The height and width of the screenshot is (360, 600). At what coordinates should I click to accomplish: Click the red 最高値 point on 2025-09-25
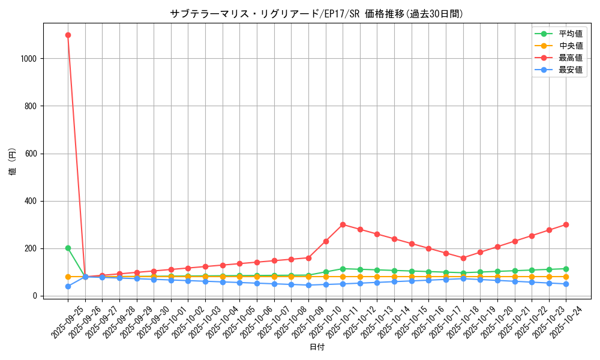coord(68,35)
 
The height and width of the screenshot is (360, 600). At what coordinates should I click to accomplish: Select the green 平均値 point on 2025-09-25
coord(68,248)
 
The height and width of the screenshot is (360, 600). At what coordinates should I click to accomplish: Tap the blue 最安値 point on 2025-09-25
coord(68,286)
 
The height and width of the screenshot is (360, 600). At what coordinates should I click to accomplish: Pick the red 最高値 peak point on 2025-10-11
coord(343,224)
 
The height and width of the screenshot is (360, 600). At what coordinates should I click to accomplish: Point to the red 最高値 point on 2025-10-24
coord(566,224)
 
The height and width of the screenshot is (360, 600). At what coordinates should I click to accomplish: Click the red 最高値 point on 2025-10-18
coord(463,258)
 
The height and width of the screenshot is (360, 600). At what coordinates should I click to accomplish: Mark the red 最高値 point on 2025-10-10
coord(326,241)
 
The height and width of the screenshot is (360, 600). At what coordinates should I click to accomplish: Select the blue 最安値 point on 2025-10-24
coord(566,284)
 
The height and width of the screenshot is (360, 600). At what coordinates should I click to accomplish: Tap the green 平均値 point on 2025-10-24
coord(566,269)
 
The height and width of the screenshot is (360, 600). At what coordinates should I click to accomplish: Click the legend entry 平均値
coord(570,34)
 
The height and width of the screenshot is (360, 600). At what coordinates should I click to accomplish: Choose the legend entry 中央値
coord(570,46)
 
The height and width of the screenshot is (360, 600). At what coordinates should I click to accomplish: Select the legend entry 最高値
coord(570,58)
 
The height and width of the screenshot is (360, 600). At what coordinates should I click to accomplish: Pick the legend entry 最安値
coord(570,70)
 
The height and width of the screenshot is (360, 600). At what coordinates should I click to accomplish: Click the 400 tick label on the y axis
coord(32,201)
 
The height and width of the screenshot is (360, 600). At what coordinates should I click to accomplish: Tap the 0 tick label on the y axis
coord(37,296)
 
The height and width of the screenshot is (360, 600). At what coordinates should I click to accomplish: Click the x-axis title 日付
coord(317,347)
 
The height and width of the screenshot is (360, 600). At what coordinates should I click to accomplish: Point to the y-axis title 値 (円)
coord(13,162)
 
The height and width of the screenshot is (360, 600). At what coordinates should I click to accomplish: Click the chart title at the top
coord(317,14)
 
